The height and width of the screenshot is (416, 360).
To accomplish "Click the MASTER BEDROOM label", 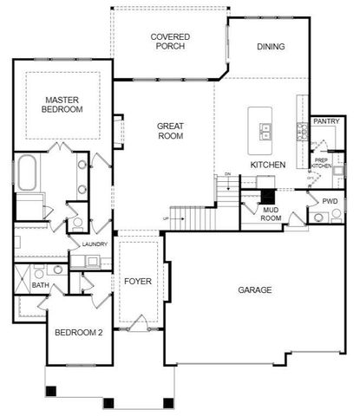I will (62, 105).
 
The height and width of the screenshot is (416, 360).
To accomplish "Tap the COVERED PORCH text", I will (170, 42).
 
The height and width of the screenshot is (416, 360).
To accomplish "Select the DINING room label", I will (271, 47).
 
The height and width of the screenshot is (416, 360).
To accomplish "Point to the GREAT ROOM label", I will (170, 132).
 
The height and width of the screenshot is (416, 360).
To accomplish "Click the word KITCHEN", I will (268, 164).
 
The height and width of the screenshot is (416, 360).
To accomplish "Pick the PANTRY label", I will (326, 122).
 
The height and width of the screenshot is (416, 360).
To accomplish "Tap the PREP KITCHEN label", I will (321, 162).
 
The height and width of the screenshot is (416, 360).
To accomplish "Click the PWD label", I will (330, 200).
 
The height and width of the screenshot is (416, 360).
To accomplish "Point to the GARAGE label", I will (256, 290).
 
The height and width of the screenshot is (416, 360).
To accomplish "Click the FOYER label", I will (138, 281).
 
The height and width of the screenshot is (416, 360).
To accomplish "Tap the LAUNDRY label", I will (95, 244).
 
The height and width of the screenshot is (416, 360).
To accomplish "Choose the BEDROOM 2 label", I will (79, 333).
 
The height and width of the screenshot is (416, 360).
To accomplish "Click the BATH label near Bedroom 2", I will (41, 284).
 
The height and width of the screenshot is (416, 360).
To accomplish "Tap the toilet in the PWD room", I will (336, 213).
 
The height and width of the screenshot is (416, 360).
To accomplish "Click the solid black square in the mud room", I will (267, 195).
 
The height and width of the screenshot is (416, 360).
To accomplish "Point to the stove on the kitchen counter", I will (302, 132).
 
